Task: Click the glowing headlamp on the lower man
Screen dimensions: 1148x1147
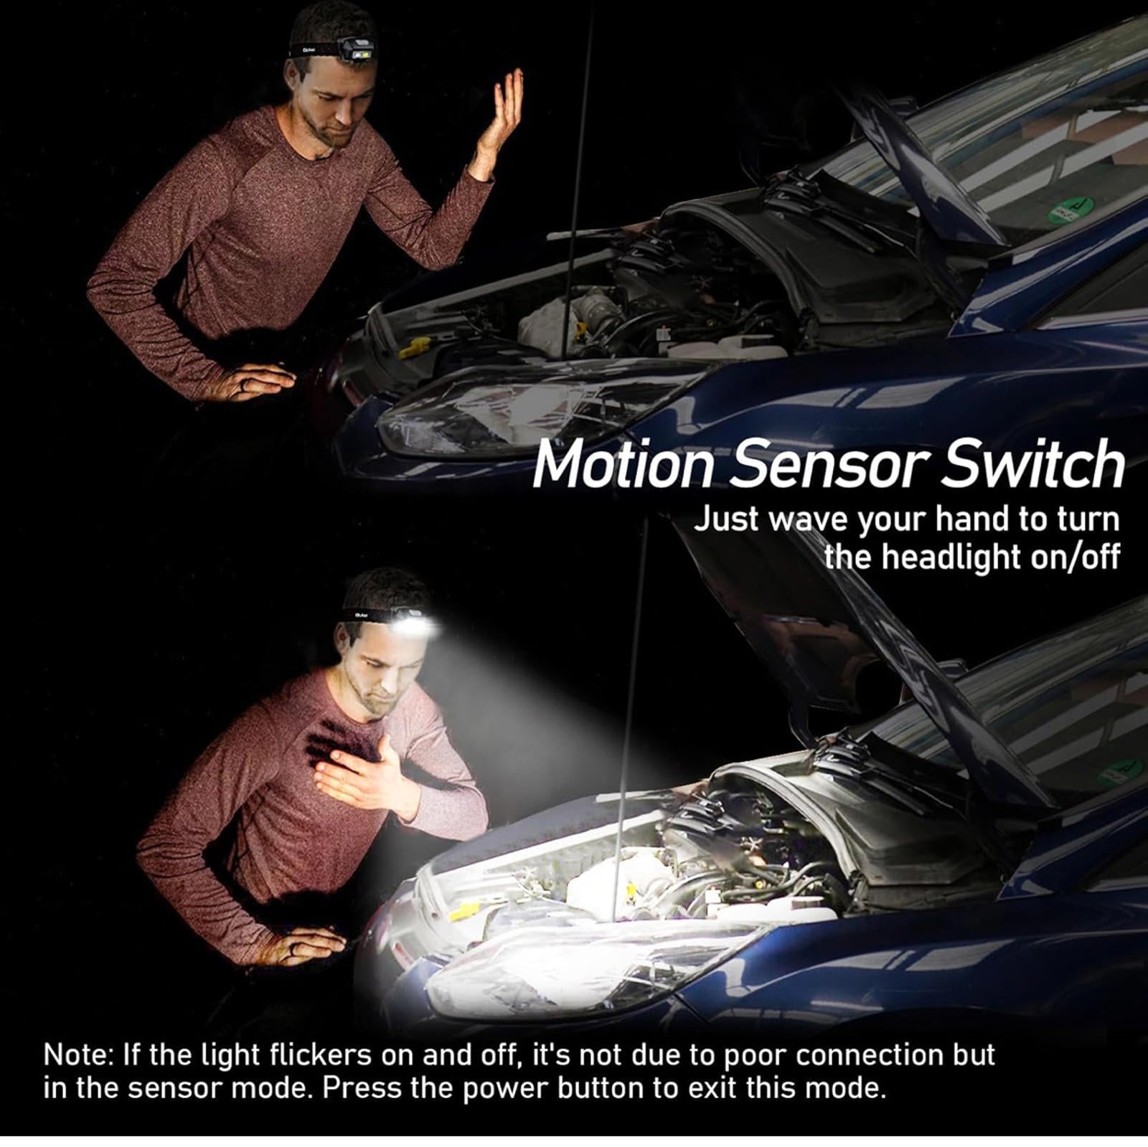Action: pyautogui.click(x=415, y=623)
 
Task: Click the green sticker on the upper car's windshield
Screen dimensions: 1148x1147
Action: pyautogui.click(x=1070, y=212)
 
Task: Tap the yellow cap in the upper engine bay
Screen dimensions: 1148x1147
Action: pyautogui.click(x=415, y=349)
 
